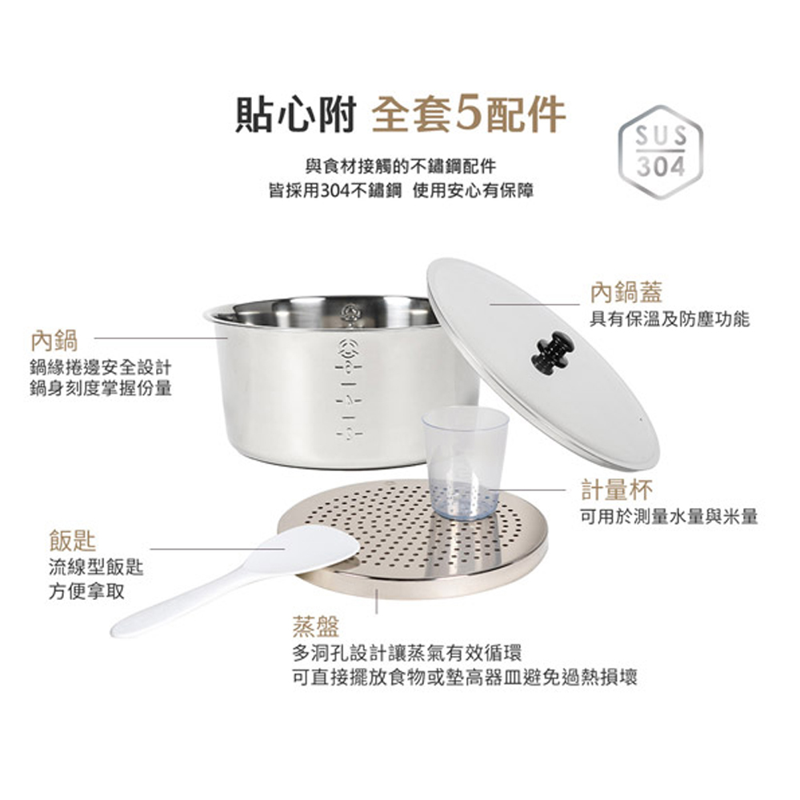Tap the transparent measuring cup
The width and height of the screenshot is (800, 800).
pos(465,462)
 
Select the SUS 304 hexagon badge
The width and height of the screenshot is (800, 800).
pos(661,152)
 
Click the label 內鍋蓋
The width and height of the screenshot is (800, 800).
pos(626,292)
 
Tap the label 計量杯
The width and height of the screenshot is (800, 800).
pos(617,490)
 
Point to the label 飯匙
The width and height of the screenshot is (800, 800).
pos(73,541)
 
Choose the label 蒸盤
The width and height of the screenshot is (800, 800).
pos(316,626)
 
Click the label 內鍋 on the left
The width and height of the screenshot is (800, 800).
pos(54,341)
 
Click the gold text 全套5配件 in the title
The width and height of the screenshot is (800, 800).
pos(469,114)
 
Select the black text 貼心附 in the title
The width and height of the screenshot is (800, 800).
pos(295,114)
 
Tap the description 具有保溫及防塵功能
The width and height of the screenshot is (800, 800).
pos(670,319)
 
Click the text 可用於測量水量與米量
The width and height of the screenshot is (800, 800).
pos(670,516)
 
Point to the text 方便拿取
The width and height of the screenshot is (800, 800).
pos(86,591)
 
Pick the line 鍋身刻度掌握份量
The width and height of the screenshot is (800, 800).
pos(101,388)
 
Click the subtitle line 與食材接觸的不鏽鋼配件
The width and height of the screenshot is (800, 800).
pos(401,166)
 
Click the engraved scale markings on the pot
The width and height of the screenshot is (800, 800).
pos(350,389)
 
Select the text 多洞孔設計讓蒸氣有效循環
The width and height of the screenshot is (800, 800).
pos(407,653)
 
